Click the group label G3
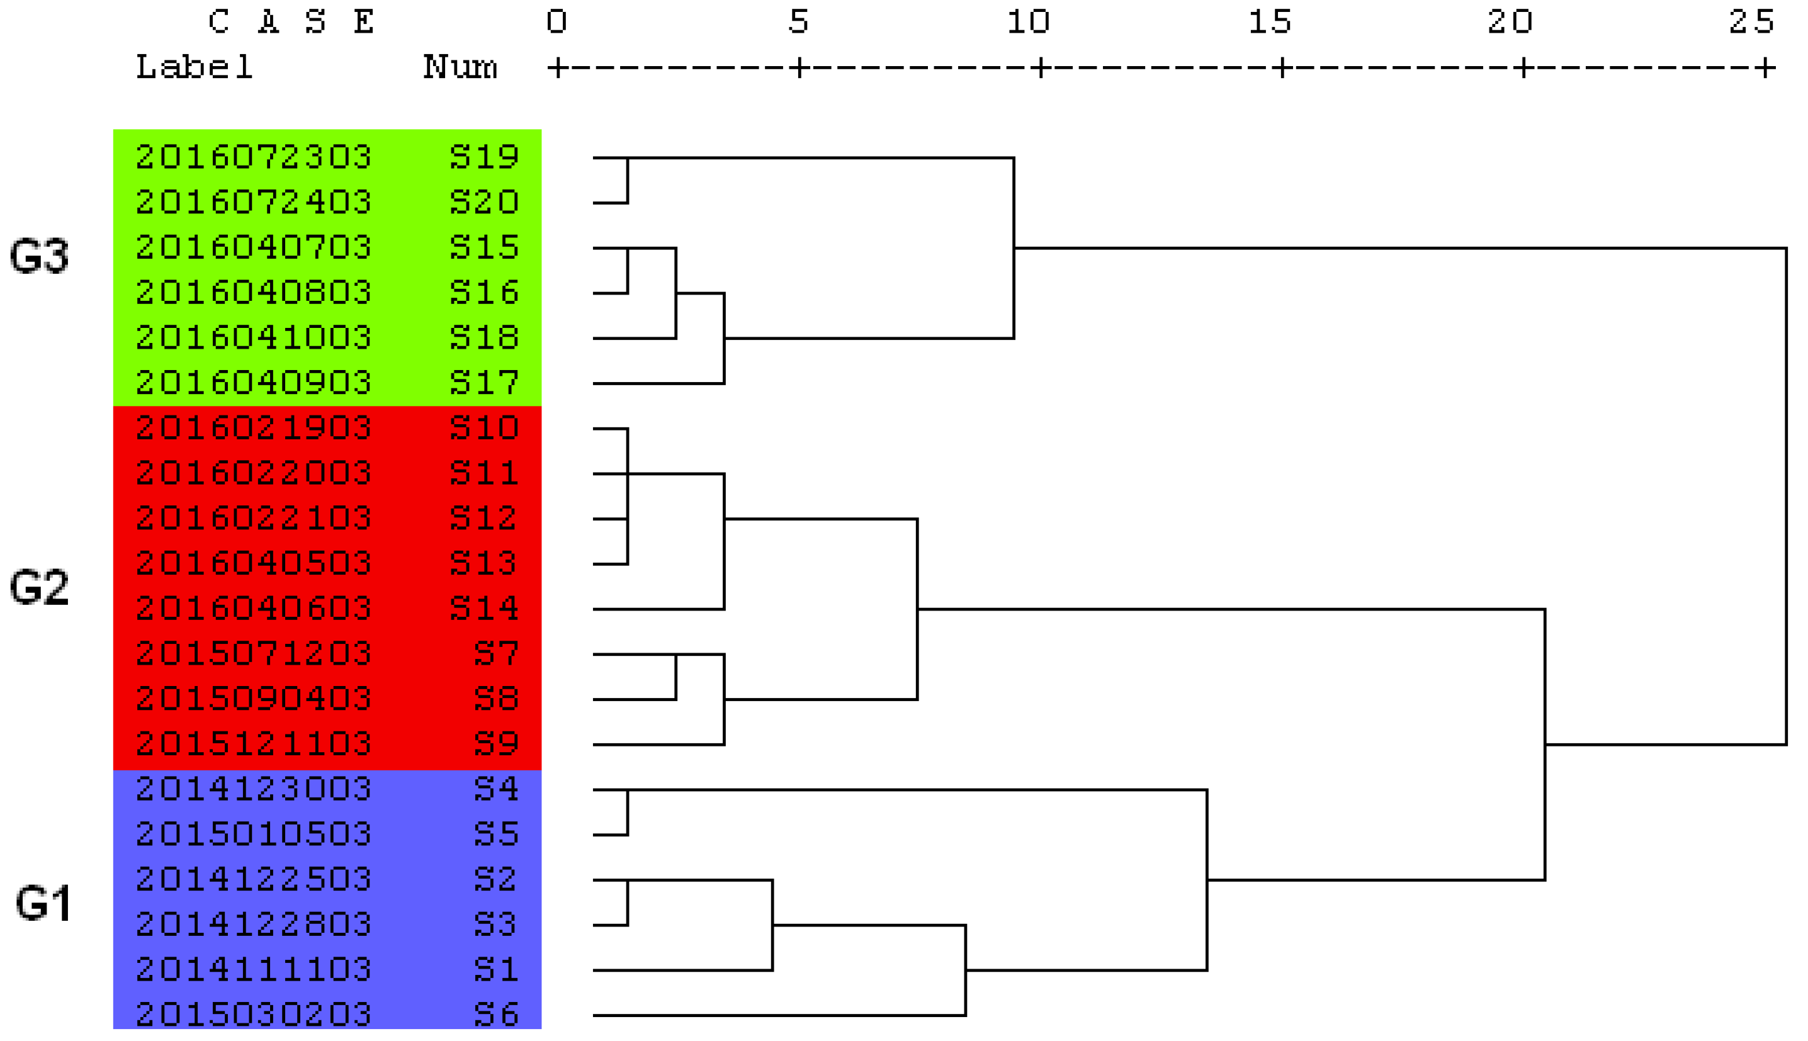pos(39,256)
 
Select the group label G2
pos(39,588)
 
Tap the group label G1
pos(43,903)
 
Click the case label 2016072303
pos(254,157)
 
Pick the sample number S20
pos(484,202)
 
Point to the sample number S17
pos(484,383)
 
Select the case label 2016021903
pos(254,428)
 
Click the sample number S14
pos(484,609)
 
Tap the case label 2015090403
pos(254,699)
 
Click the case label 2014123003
pos(254,789)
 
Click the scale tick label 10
pos(1028,22)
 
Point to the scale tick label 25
pos(1751,22)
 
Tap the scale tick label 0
pos(557,22)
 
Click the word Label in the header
pos(195,68)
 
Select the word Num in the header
pos(460,68)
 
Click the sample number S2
pos(496,879)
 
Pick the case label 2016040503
pos(254,563)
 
